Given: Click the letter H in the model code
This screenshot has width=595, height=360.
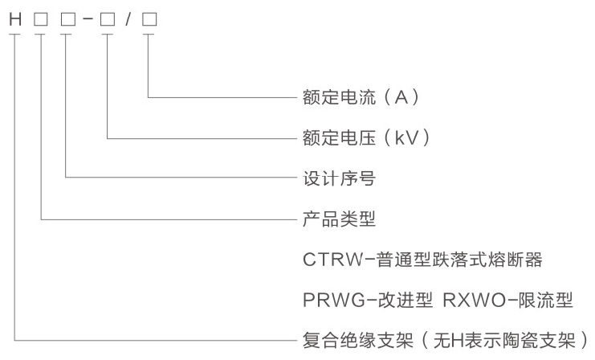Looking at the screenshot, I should pos(14,19).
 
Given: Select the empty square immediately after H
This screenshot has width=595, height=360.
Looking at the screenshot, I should pos(40,19).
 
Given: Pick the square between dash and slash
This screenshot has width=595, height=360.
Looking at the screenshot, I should pos(107,19).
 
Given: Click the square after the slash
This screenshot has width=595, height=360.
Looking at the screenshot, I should pos(149,19).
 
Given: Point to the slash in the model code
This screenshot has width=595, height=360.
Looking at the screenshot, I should pos(128,19).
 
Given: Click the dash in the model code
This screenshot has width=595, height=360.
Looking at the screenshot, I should pos(86,19).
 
